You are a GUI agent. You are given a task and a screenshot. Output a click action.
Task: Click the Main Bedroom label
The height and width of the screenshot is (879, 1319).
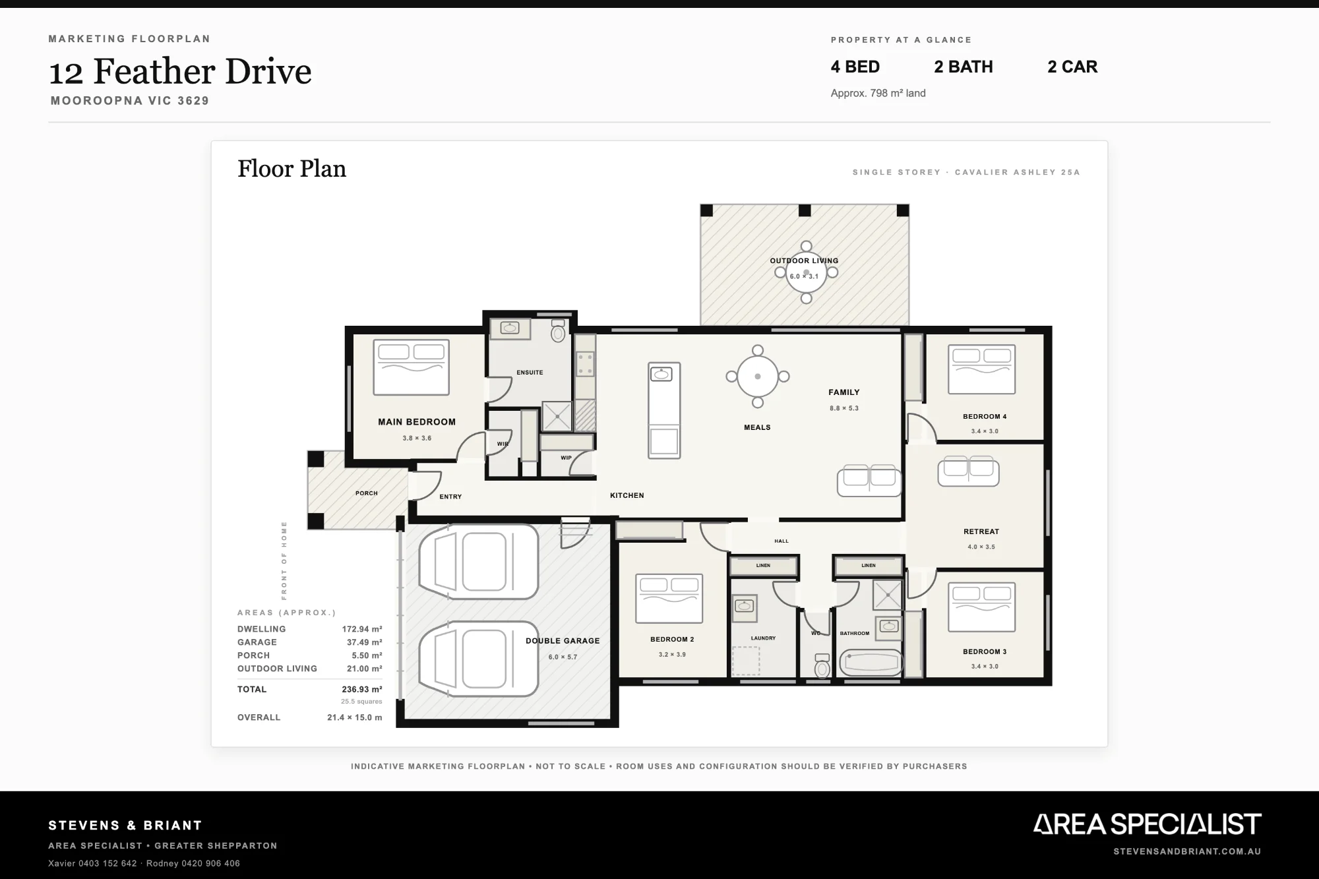417,422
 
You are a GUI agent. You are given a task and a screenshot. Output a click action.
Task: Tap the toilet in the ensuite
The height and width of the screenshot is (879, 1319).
558,331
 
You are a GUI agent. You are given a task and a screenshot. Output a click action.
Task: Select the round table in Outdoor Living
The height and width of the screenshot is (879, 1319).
806,272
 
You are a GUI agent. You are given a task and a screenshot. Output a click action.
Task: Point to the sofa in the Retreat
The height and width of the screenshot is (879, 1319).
968,471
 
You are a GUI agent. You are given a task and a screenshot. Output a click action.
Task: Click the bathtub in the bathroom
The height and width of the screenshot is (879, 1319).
871,663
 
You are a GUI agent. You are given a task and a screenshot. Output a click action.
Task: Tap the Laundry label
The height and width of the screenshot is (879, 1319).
763,638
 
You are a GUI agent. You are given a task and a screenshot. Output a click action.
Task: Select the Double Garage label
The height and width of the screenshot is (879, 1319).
563,641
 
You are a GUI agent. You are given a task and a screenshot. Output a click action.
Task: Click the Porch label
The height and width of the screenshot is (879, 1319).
367,493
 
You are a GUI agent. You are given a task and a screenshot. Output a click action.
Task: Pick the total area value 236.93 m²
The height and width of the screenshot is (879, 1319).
362,690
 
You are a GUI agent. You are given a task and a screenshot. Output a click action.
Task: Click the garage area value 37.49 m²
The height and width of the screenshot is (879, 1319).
365,642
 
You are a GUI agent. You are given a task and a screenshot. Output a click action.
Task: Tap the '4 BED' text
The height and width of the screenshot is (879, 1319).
855,67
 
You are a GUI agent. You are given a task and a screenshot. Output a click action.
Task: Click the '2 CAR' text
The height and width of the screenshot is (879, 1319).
1072,67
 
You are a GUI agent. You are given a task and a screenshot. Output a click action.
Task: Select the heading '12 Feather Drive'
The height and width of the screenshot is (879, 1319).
180,71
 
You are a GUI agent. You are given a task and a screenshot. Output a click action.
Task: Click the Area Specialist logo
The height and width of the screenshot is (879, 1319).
1147,824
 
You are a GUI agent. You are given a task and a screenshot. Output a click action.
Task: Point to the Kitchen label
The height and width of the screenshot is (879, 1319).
627,495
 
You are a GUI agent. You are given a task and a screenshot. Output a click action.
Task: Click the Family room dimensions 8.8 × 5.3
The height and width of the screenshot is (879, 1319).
844,408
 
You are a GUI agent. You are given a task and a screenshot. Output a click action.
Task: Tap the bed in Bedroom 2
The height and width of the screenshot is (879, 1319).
669,598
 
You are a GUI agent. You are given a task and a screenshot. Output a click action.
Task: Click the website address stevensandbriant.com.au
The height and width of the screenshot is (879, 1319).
1187,851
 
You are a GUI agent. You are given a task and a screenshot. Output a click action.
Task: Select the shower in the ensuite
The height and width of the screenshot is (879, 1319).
557,416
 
